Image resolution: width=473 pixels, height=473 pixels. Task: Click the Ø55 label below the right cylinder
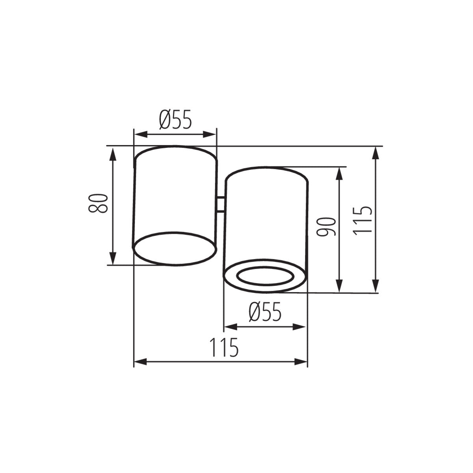tap(265, 313)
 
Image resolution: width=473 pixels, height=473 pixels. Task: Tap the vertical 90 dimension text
tap(326, 227)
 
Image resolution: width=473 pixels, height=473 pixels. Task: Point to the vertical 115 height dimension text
tap(362, 220)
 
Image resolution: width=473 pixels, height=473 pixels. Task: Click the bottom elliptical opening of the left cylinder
tap(174, 248)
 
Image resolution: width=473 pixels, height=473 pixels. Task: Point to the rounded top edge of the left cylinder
tap(175, 146)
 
